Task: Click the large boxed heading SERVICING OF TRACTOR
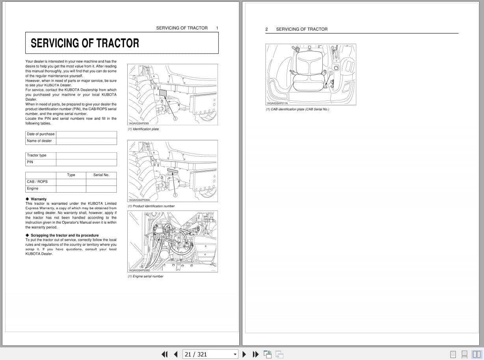coord(85,43)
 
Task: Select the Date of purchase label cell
coord(41,134)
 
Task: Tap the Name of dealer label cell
coord(39,141)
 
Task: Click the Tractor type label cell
coord(37,156)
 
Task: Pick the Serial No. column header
coord(101,175)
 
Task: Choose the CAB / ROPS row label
coord(37,182)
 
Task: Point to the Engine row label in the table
coord(33,189)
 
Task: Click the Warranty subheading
coord(38,199)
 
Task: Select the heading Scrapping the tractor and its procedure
coord(65,235)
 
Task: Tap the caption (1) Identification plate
coord(143,129)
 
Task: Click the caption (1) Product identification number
coord(151,206)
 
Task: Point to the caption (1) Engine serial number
coord(145,276)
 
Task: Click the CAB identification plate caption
coord(297,109)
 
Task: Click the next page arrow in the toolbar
coord(244,354)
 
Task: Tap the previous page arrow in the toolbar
coord(176,354)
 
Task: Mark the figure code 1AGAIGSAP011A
coord(277,103)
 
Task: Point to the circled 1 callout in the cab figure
coord(331,73)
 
